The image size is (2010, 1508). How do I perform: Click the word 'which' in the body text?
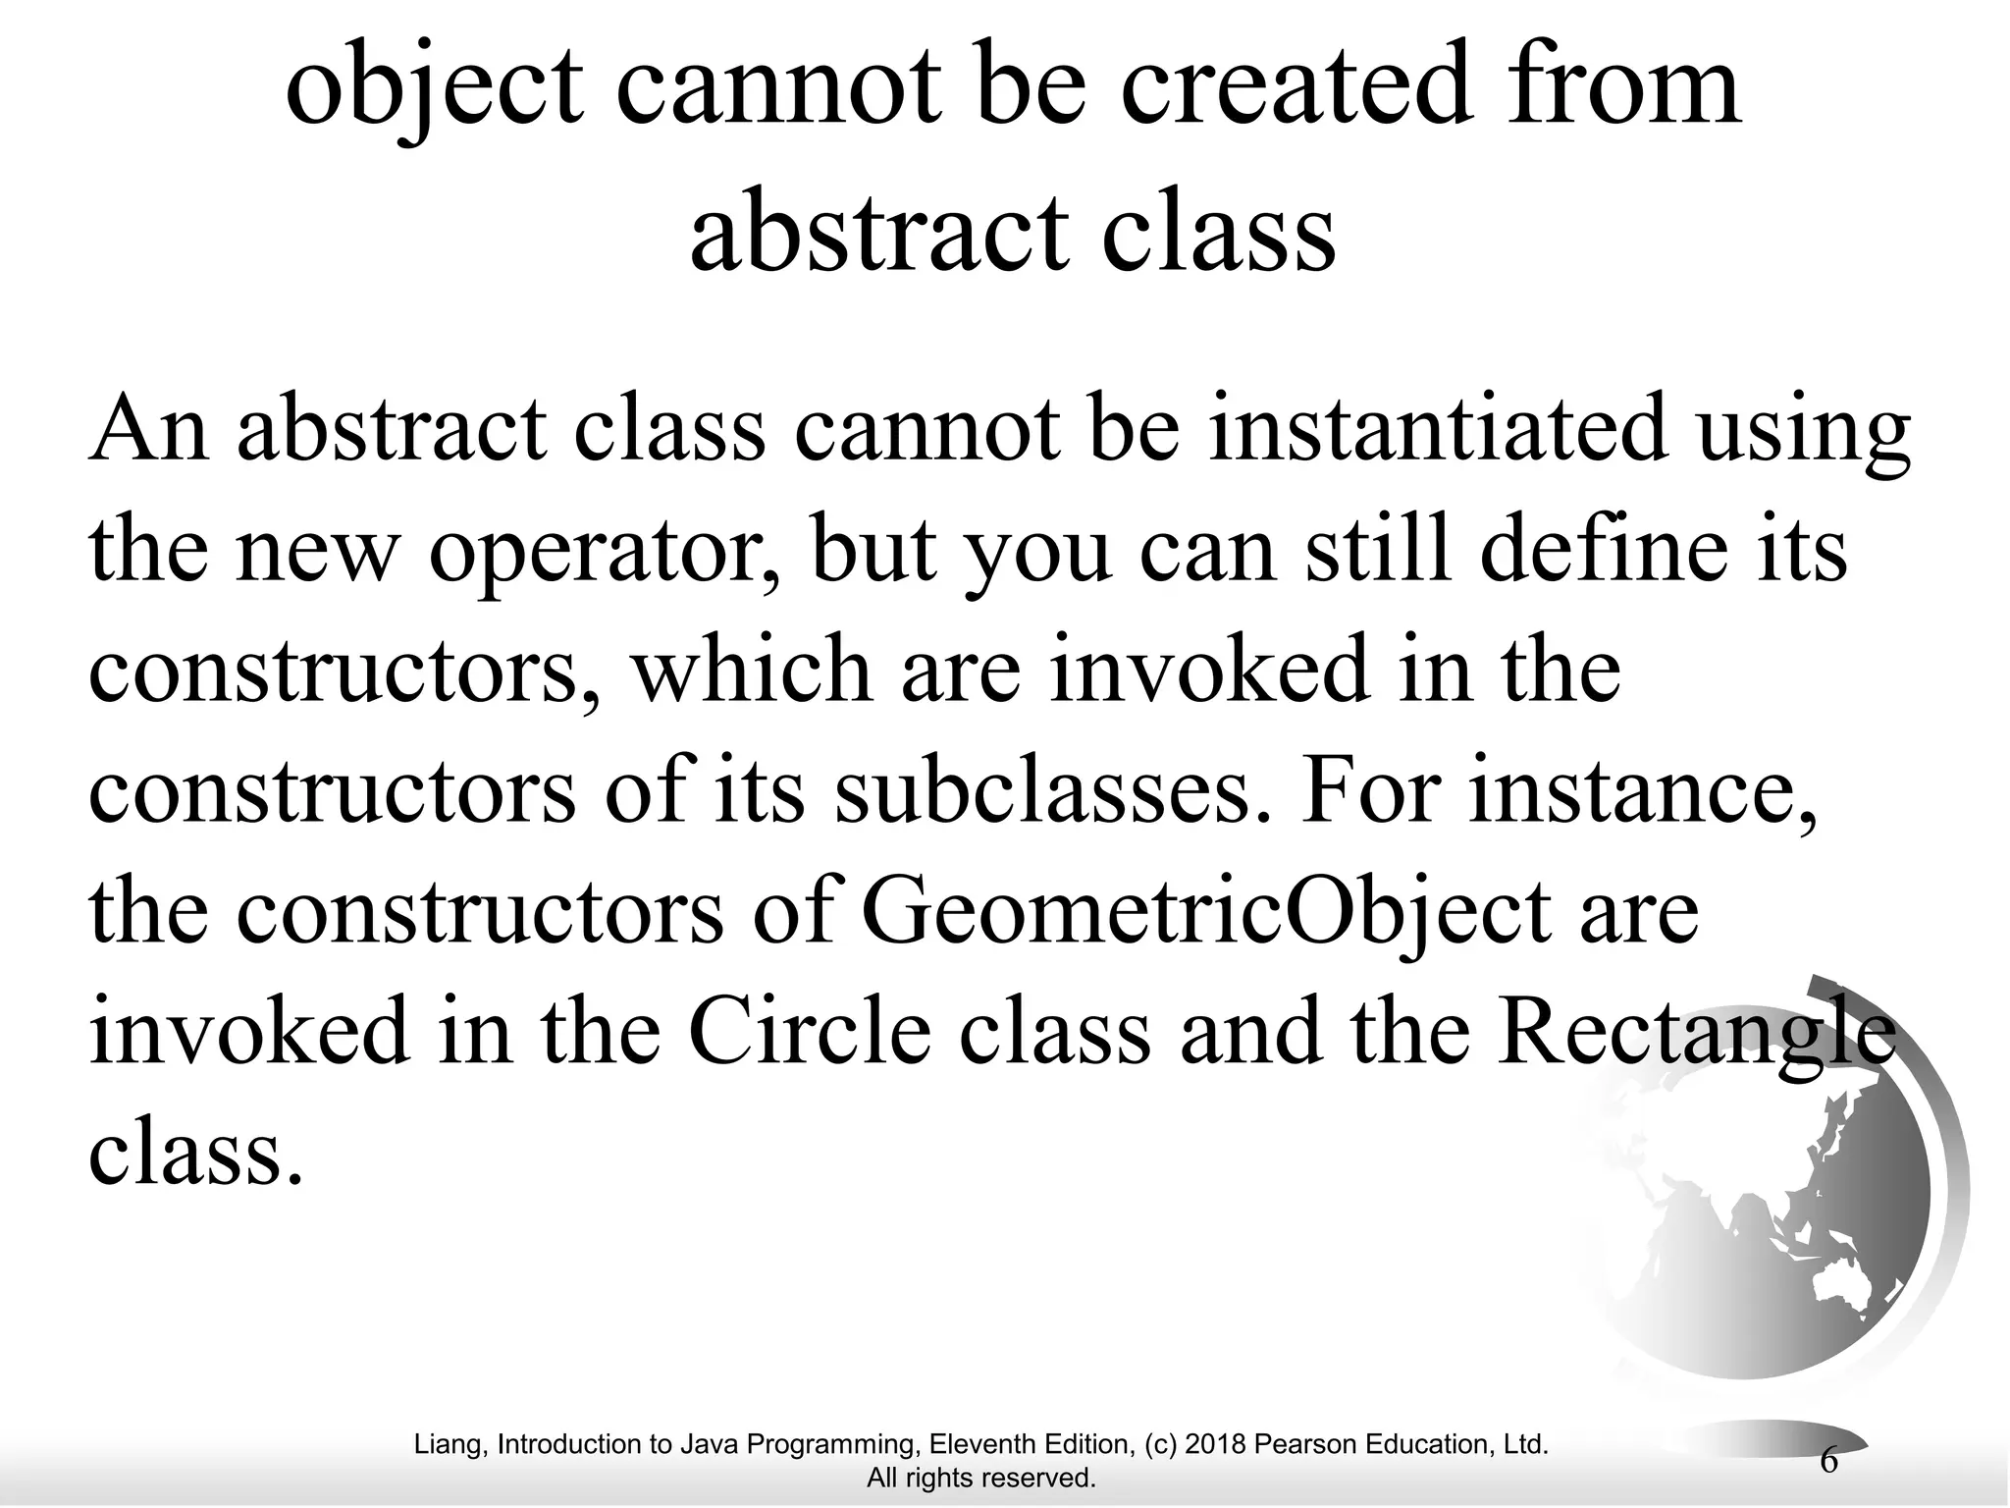(750, 670)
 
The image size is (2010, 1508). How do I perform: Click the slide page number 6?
(1828, 1461)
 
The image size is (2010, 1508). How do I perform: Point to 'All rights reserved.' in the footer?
(980, 1478)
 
